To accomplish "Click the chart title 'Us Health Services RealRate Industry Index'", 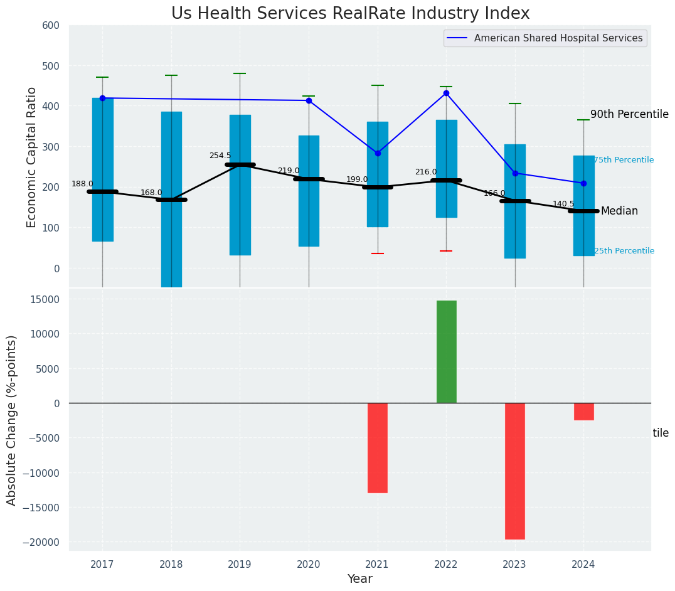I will [x=350, y=14].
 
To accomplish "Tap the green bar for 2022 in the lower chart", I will [x=446, y=351].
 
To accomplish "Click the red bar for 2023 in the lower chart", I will [x=515, y=471].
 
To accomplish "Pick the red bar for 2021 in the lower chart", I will [x=378, y=447].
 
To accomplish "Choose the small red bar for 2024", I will [x=583, y=412].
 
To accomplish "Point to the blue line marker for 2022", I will [x=446, y=93].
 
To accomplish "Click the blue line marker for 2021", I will [x=378, y=153].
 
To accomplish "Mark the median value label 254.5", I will [x=220, y=156].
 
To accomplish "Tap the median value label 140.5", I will [x=563, y=204].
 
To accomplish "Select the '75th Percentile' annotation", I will [x=624, y=161].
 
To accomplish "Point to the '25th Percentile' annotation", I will [x=624, y=251].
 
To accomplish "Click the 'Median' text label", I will [x=619, y=211].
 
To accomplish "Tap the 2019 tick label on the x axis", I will [x=240, y=565].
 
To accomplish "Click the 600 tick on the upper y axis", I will [x=51, y=26].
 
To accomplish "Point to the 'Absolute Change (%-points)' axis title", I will [x=12, y=420].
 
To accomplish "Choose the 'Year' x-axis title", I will [x=360, y=579].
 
